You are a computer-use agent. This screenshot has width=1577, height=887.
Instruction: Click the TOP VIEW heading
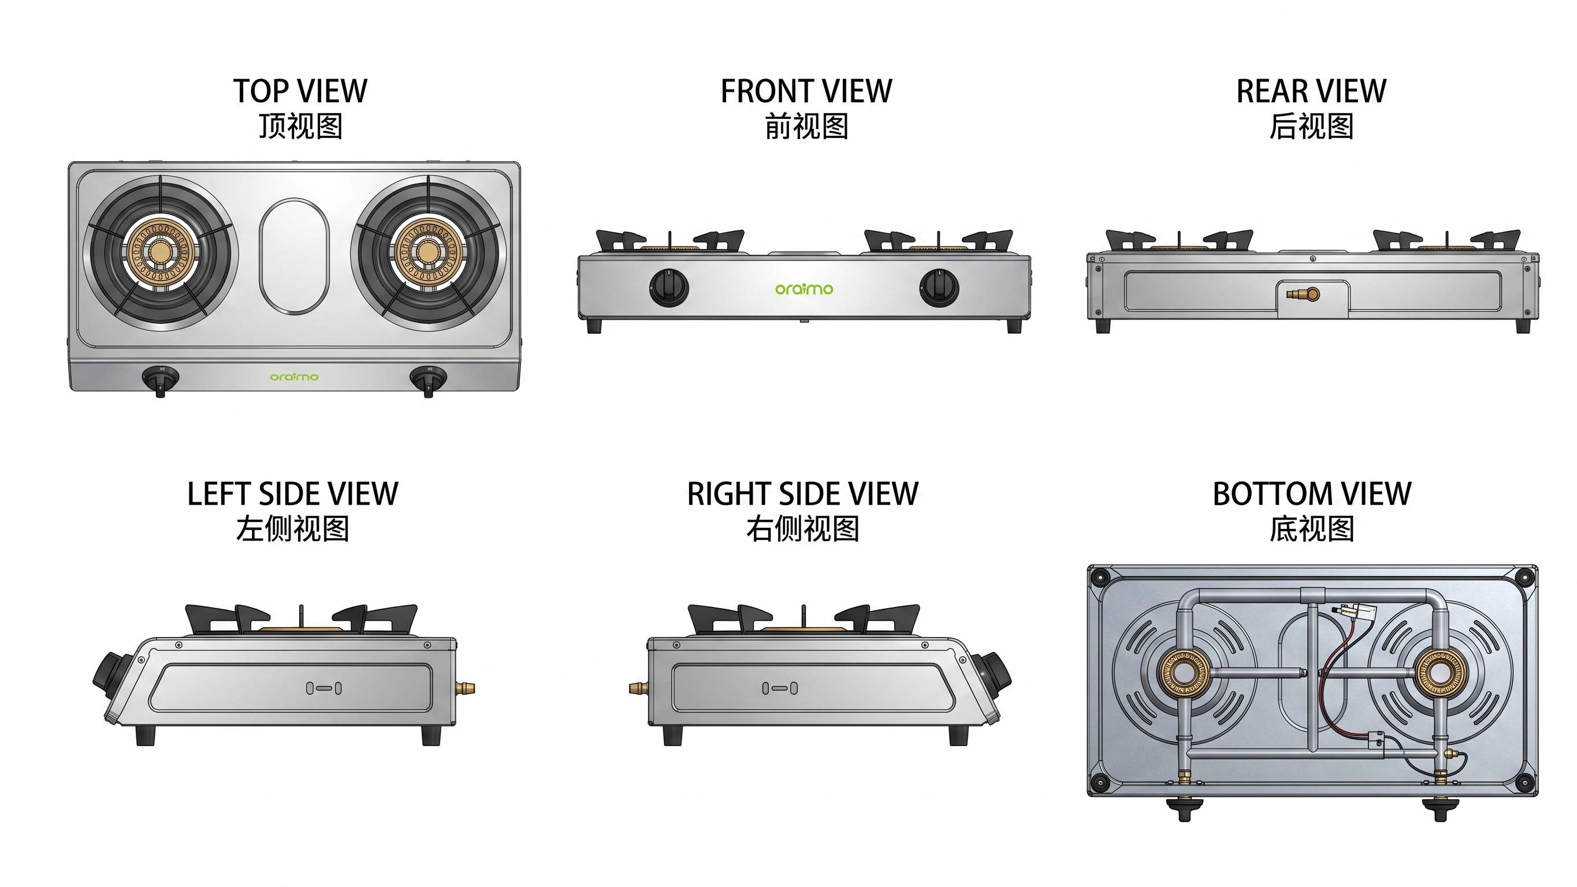[x=300, y=91]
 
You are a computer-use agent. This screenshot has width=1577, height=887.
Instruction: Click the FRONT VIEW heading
[x=806, y=91]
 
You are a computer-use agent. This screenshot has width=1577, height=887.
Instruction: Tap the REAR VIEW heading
[x=1311, y=91]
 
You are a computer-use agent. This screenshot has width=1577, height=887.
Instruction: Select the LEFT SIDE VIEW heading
[x=293, y=494]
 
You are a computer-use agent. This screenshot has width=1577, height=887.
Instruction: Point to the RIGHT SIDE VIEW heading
[x=802, y=494]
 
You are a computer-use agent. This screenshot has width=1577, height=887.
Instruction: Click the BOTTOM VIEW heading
[x=1312, y=494]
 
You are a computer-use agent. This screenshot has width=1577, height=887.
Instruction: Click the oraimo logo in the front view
[x=804, y=288]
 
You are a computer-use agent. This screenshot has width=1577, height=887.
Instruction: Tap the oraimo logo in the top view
[x=295, y=377]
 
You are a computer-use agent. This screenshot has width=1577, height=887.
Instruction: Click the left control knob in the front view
[x=668, y=287]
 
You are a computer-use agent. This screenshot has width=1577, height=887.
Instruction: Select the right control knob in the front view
[x=939, y=287]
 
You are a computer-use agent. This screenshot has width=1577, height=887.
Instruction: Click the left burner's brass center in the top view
[x=161, y=252]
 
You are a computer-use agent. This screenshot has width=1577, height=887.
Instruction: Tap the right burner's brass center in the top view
[x=427, y=252]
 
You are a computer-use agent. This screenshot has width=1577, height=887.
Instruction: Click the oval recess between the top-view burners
[x=294, y=256]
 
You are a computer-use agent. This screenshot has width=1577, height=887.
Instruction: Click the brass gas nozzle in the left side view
[x=467, y=688]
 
